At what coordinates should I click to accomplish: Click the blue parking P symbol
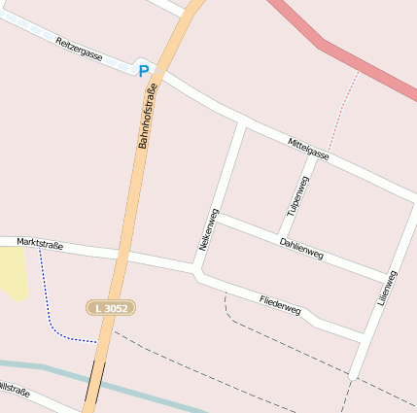[x=144, y=70]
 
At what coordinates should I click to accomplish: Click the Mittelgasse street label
[x=308, y=149]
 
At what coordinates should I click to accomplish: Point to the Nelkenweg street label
[x=207, y=230]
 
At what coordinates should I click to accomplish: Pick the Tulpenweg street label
[x=296, y=195]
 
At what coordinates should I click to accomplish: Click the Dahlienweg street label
[x=301, y=249]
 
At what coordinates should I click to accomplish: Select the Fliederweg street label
[x=281, y=305]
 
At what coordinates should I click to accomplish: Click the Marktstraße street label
[x=40, y=244]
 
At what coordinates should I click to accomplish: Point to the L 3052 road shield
[x=111, y=307]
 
